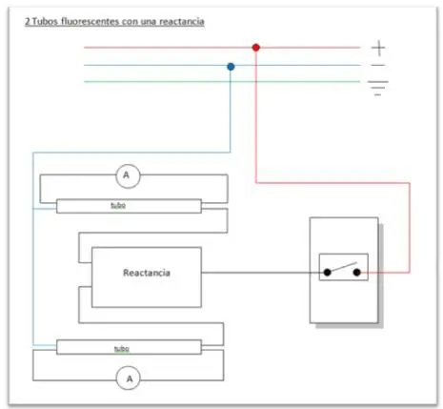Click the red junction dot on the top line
pos(256,48)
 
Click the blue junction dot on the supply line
pos(231,67)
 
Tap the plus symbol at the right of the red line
pos(378,49)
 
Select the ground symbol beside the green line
pos(378,88)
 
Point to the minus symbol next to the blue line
pos(378,65)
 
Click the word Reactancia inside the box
pos(147,273)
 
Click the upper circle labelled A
pos(128,176)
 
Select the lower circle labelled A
pos(129,378)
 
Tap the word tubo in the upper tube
pos(118,205)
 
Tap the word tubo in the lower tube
pos(122,349)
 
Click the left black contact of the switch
pos(327,272)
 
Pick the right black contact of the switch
pos(357,272)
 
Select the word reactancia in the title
pos(182,22)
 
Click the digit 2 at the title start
pos(28,22)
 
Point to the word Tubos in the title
pos(45,22)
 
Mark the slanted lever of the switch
pos(344,267)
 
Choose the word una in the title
pos(149,22)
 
